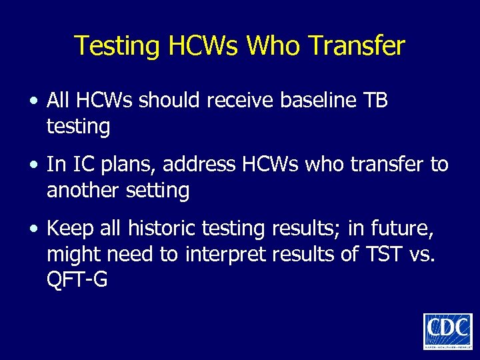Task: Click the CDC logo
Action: (x=447, y=331)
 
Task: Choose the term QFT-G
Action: (x=77, y=279)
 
